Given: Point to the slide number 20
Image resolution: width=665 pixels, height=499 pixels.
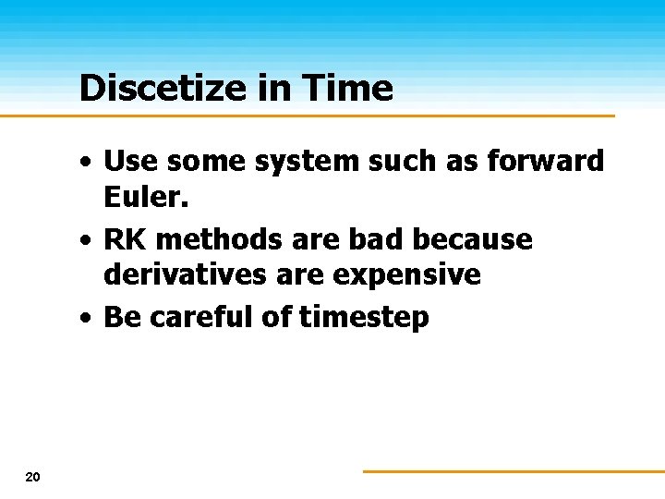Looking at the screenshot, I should point(32,477).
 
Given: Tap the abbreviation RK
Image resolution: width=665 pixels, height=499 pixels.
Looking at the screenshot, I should point(126,240).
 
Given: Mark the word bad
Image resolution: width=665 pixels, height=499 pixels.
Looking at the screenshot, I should point(381,240).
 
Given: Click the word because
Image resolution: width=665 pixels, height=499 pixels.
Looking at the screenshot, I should point(473,240).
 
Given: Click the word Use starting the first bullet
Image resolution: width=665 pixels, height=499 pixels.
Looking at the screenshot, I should point(127,161).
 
